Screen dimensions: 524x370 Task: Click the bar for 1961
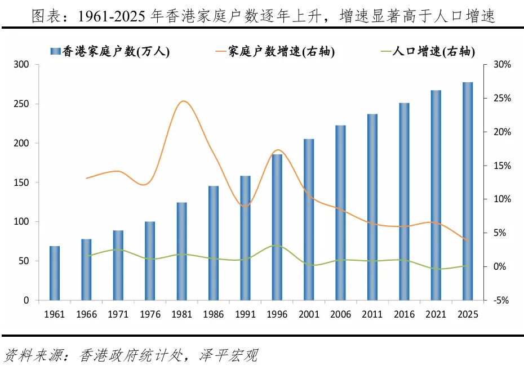[55, 273]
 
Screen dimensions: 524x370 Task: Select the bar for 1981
[182, 251]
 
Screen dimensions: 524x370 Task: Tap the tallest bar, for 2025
[468, 191]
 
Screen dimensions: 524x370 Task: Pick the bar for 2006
[340, 213]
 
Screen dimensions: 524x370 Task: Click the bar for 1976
[150, 261]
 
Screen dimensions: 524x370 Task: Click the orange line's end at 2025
[468, 240]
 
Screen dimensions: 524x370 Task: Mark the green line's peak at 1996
[277, 246]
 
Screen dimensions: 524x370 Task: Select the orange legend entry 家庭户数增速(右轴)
[275, 51]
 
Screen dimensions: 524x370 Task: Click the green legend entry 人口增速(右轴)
[428, 51]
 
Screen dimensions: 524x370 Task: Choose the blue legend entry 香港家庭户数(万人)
[110, 51]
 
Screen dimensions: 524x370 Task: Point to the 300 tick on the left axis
[21, 64]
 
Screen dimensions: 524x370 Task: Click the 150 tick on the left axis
[21, 182]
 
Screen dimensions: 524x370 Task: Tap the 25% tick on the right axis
[502, 98]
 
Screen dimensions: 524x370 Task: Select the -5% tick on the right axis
[501, 300]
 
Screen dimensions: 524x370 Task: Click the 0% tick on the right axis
[500, 266]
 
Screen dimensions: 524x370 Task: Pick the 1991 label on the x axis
[245, 314]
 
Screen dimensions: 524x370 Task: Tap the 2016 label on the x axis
[404, 314]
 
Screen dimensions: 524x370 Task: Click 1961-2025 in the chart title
[112, 16]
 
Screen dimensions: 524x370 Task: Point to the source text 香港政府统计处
[131, 355]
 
